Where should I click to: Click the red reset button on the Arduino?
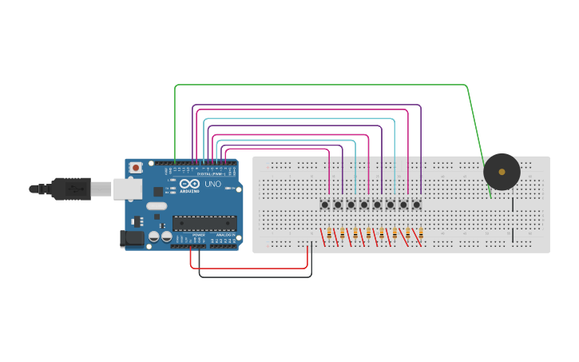(136, 168)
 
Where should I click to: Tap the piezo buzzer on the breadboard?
(502, 172)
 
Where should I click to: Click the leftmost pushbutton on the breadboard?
(325, 205)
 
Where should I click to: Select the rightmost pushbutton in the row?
(416, 205)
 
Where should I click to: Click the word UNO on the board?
(212, 184)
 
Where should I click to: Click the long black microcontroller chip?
(204, 223)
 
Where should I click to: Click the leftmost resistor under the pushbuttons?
(329, 233)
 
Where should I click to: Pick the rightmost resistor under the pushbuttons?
(421, 233)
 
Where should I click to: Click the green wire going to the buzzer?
(319, 85)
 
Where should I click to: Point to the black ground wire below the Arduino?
(256, 276)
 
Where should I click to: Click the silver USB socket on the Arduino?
(125, 189)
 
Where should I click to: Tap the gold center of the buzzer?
(502, 172)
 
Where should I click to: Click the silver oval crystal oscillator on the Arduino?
(157, 206)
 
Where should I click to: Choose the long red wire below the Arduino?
(248, 268)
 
